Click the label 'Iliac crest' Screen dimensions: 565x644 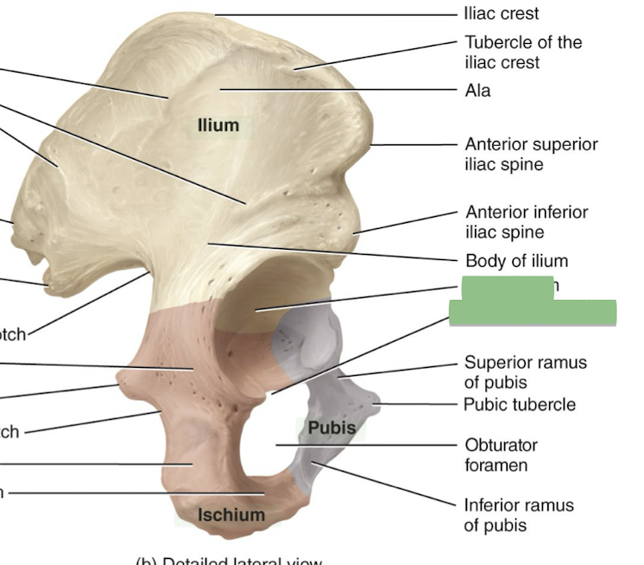click(501, 14)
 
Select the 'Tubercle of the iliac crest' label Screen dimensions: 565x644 click(523, 52)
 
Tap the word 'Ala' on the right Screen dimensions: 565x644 click(477, 90)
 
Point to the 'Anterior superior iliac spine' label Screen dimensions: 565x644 click(531, 154)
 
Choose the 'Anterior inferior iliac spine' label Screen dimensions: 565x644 click(527, 221)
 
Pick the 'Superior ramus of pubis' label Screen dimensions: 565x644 click(525, 371)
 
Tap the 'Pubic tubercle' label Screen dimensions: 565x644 click(519, 403)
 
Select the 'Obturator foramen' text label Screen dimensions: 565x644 click(501, 455)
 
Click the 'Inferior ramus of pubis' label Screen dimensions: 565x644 click(518, 514)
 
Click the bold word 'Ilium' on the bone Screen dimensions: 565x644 click(218, 126)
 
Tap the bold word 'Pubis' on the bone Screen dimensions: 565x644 click(331, 428)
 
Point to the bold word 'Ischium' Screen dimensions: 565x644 click(230, 516)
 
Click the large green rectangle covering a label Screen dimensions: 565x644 click(533, 312)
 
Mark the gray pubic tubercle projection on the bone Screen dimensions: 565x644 click(374, 400)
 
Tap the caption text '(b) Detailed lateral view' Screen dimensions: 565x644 click(229, 560)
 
